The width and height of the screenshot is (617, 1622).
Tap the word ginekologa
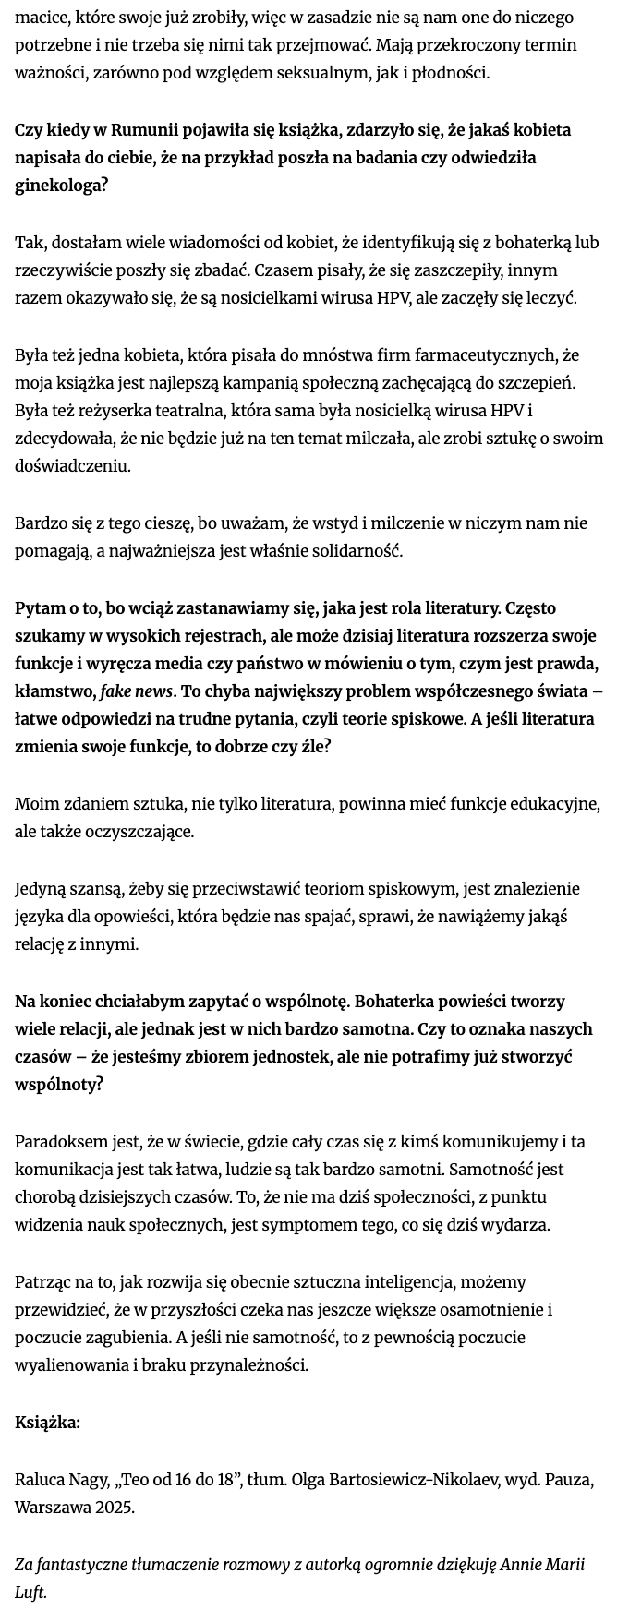click(61, 186)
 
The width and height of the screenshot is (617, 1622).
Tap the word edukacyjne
click(551, 804)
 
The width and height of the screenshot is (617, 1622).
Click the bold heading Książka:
click(47, 1423)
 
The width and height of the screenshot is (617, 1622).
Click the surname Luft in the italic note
click(30, 1592)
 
